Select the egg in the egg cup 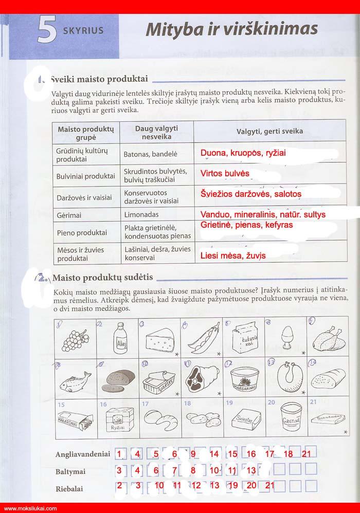(x=283, y=340)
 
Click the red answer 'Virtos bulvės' (x=225, y=173)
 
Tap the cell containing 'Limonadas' (x=141, y=214)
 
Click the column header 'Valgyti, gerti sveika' (x=269, y=132)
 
